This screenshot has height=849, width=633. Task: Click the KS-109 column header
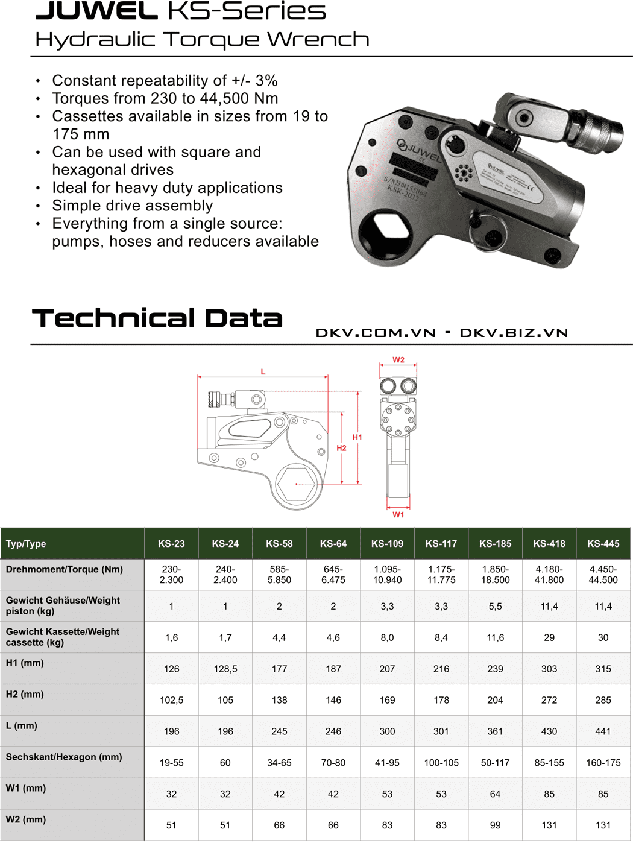pyautogui.click(x=387, y=544)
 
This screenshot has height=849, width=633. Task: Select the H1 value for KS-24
pyautogui.click(x=225, y=669)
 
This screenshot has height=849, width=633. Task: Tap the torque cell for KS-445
pyautogui.click(x=603, y=575)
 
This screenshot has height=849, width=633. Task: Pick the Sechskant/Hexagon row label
pyautogui.click(x=64, y=757)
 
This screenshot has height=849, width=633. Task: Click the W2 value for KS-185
pyautogui.click(x=495, y=825)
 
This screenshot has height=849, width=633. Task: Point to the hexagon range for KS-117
pyautogui.click(x=441, y=763)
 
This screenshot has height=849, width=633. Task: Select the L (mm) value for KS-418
pyautogui.click(x=549, y=731)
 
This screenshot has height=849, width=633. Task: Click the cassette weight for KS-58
pyautogui.click(x=279, y=637)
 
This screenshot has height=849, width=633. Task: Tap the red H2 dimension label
pyautogui.click(x=341, y=448)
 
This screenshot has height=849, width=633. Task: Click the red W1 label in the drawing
pyautogui.click(x=398, y=515)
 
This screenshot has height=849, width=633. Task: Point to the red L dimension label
pyautogui.click(x=263, y=372)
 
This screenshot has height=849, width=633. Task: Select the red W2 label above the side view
pyautogui.click(x=398, y=360)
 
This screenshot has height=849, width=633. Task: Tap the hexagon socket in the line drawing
pyautogui.click(x=296, y=484)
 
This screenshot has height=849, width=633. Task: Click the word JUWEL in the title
pyautogui.click(x=96, y=11)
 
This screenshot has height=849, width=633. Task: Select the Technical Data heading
pyautogui.click(x=157, y=318)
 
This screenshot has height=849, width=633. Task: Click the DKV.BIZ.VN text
pyautogui.click(x=514, y=333)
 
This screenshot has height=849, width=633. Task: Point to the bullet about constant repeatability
pyautogui.click(x=165, y=81)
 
